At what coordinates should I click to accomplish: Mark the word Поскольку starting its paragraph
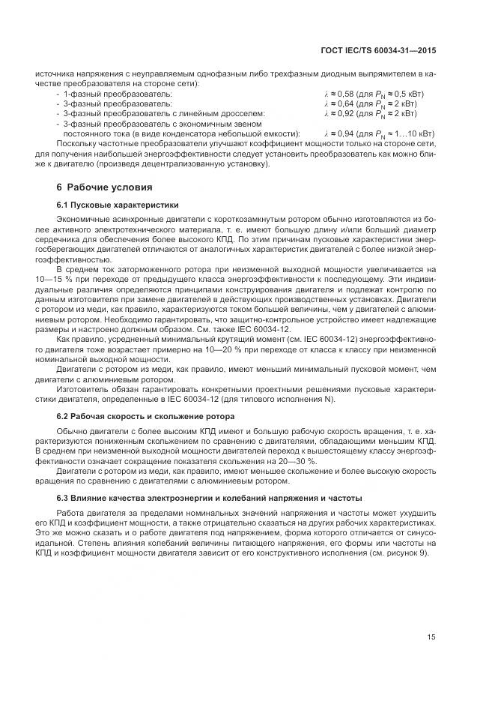pyautogui.click(x=75, y=143)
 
